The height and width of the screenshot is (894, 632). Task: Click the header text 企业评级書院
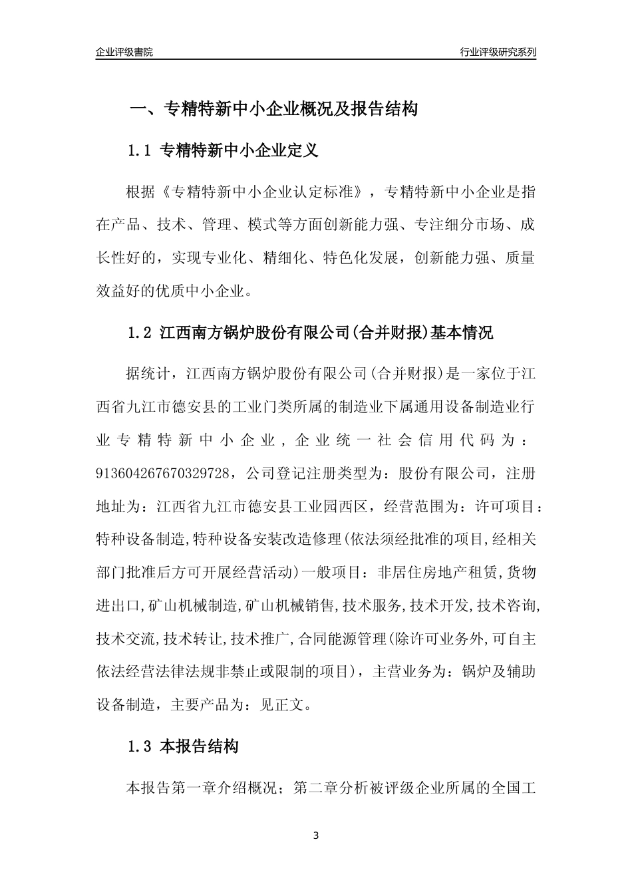[x=124, y=52]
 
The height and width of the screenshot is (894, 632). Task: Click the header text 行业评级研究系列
[x=498, y=52]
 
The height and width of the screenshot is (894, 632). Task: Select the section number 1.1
[x=141, y=151]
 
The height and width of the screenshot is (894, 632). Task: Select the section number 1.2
[x=141, y=333]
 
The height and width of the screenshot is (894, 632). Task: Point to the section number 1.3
[x=141, y=746]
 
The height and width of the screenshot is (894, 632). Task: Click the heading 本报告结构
[x=200, y=746]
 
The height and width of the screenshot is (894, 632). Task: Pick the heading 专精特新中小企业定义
[x=239, y=151]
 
